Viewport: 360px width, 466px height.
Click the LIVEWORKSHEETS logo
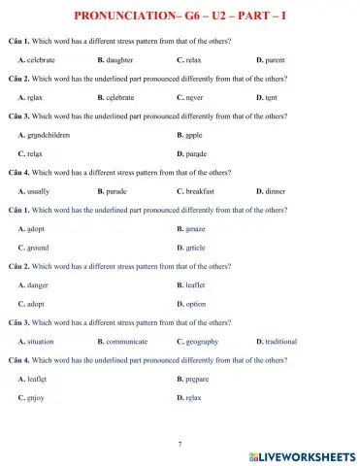click(x=302, y=455)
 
